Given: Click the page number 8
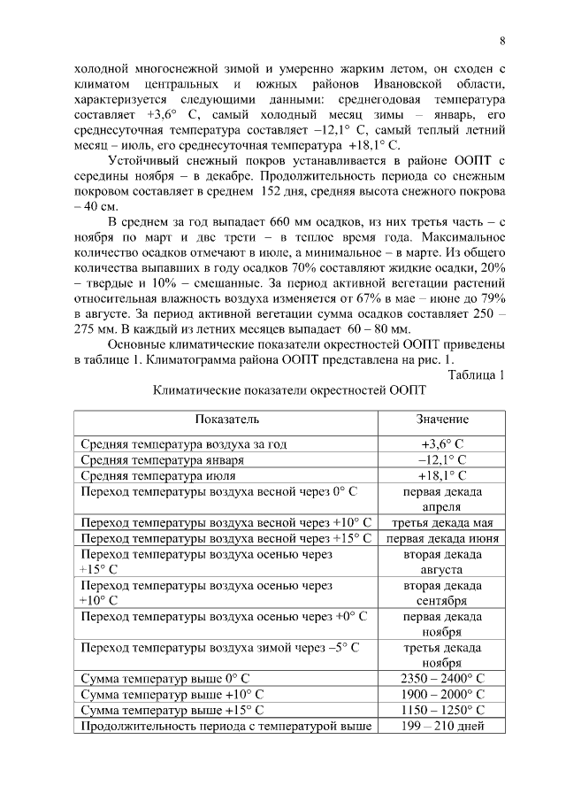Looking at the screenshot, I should pyautogui.click(x=501, y=41).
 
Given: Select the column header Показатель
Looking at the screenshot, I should pyautogui.click(x=227, y=419).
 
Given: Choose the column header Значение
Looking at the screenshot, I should pyautogui.click(x=442, y=419).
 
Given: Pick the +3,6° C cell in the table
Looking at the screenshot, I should pyautogui.click(x=442, y=443).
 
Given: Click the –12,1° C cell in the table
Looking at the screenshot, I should pyautogui.click(x=442, y=459).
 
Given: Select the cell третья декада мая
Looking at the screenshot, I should pyautogui.click(x=442, y=523).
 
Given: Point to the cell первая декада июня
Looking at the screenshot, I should pyautogui.click(x=442, y=539).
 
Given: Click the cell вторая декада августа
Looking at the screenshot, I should pyautogui.click(x=442, y=562).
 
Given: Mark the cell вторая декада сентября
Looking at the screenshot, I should pyautogui.click(x=442, y=594).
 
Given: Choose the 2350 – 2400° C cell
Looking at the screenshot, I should pyautogui.click(x=442, y=680).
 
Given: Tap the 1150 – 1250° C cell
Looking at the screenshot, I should pyautogui.click(x=442, y=711).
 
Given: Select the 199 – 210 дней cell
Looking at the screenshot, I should pyautogui.click(x=442, y=727).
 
